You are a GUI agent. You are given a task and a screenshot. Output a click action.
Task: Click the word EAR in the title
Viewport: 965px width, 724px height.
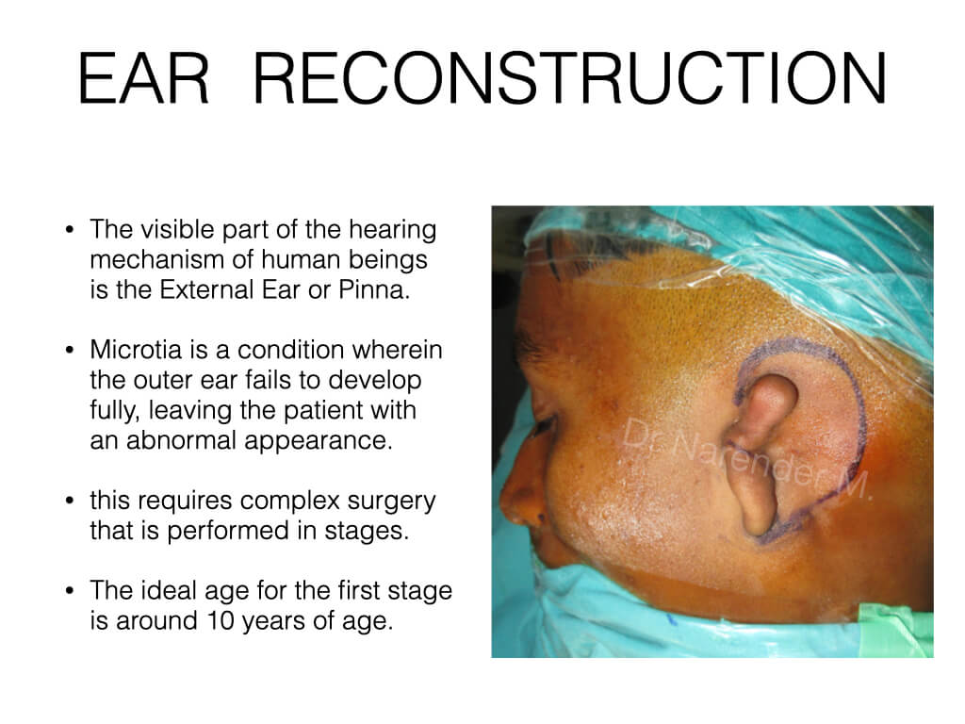pos(144,79)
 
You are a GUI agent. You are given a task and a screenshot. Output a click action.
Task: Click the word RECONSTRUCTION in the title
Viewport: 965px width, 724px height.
pos(570,79)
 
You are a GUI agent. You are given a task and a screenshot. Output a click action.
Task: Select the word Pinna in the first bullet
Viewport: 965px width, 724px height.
pos(374,289)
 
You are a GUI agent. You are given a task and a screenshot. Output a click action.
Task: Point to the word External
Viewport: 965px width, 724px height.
pos(206,289)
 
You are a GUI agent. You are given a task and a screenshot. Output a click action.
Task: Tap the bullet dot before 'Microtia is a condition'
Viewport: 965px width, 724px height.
pos(70,351)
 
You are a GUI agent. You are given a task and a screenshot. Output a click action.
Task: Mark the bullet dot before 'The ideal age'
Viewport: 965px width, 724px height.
pos(70,592)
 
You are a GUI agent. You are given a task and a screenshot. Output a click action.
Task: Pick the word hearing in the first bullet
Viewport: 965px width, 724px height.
pos(392,230)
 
